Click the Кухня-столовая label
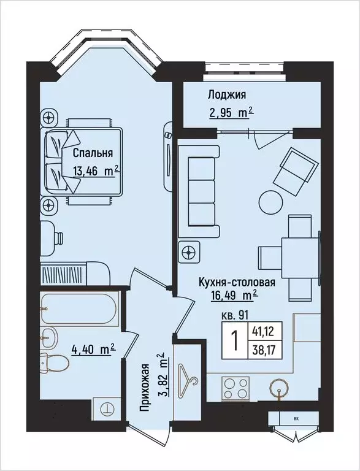coord(236,283)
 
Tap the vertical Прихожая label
coord(145,390)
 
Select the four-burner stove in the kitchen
coord(236,388)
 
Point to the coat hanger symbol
coord(188,375)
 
